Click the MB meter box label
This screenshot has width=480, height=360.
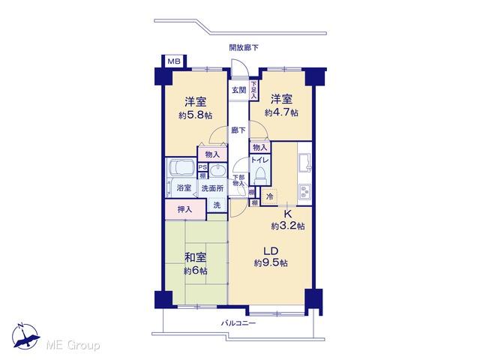[x=173, y=61]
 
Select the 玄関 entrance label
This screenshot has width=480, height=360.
[x=238, y=90]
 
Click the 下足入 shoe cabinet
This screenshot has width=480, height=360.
[x=253, y=91]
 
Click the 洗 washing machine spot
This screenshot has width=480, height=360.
[x=217, y=205]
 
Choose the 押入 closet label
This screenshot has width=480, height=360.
[x=184, y=210]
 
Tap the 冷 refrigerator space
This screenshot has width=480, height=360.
[x=268, y=196]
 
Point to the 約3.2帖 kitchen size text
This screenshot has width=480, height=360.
[x=287, y=225]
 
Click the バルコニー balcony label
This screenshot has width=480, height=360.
[x=238, y=323]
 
